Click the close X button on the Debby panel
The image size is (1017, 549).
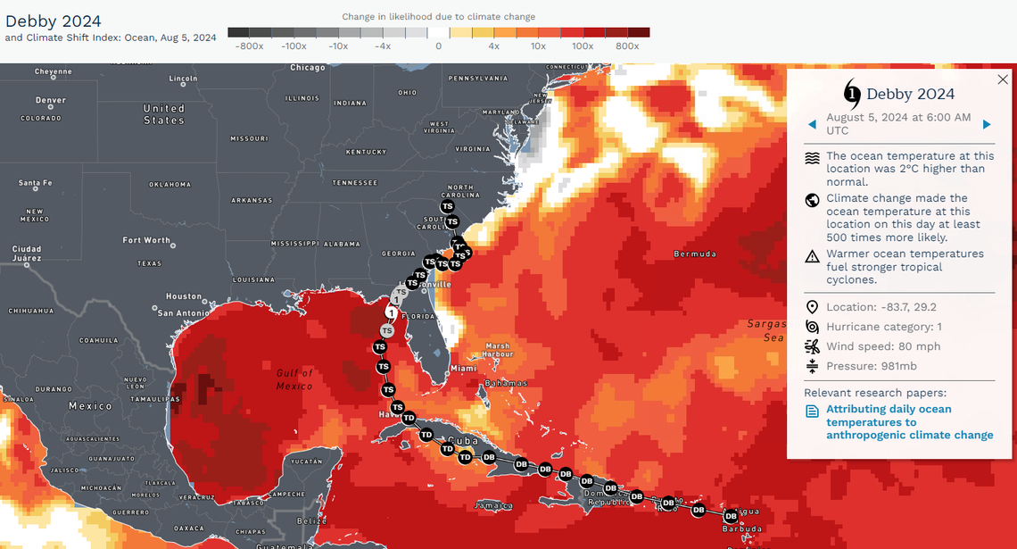1002,79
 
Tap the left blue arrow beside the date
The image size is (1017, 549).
812,124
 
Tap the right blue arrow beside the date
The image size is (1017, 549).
987,124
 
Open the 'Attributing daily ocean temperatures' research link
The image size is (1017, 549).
909,422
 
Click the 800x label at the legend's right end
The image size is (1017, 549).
626,46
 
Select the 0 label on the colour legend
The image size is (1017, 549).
438,46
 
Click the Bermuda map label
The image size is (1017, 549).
695,254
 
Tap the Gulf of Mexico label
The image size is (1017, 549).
295,379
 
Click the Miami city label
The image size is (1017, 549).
463,368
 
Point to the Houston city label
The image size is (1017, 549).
184,295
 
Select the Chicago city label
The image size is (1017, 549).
308,68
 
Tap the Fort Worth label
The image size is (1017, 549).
146,240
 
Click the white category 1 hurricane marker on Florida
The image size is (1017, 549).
391,312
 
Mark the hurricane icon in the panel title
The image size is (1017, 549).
852,93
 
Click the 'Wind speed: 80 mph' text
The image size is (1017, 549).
883,346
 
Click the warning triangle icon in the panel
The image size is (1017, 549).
812,257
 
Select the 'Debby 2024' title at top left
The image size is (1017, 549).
54,21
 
